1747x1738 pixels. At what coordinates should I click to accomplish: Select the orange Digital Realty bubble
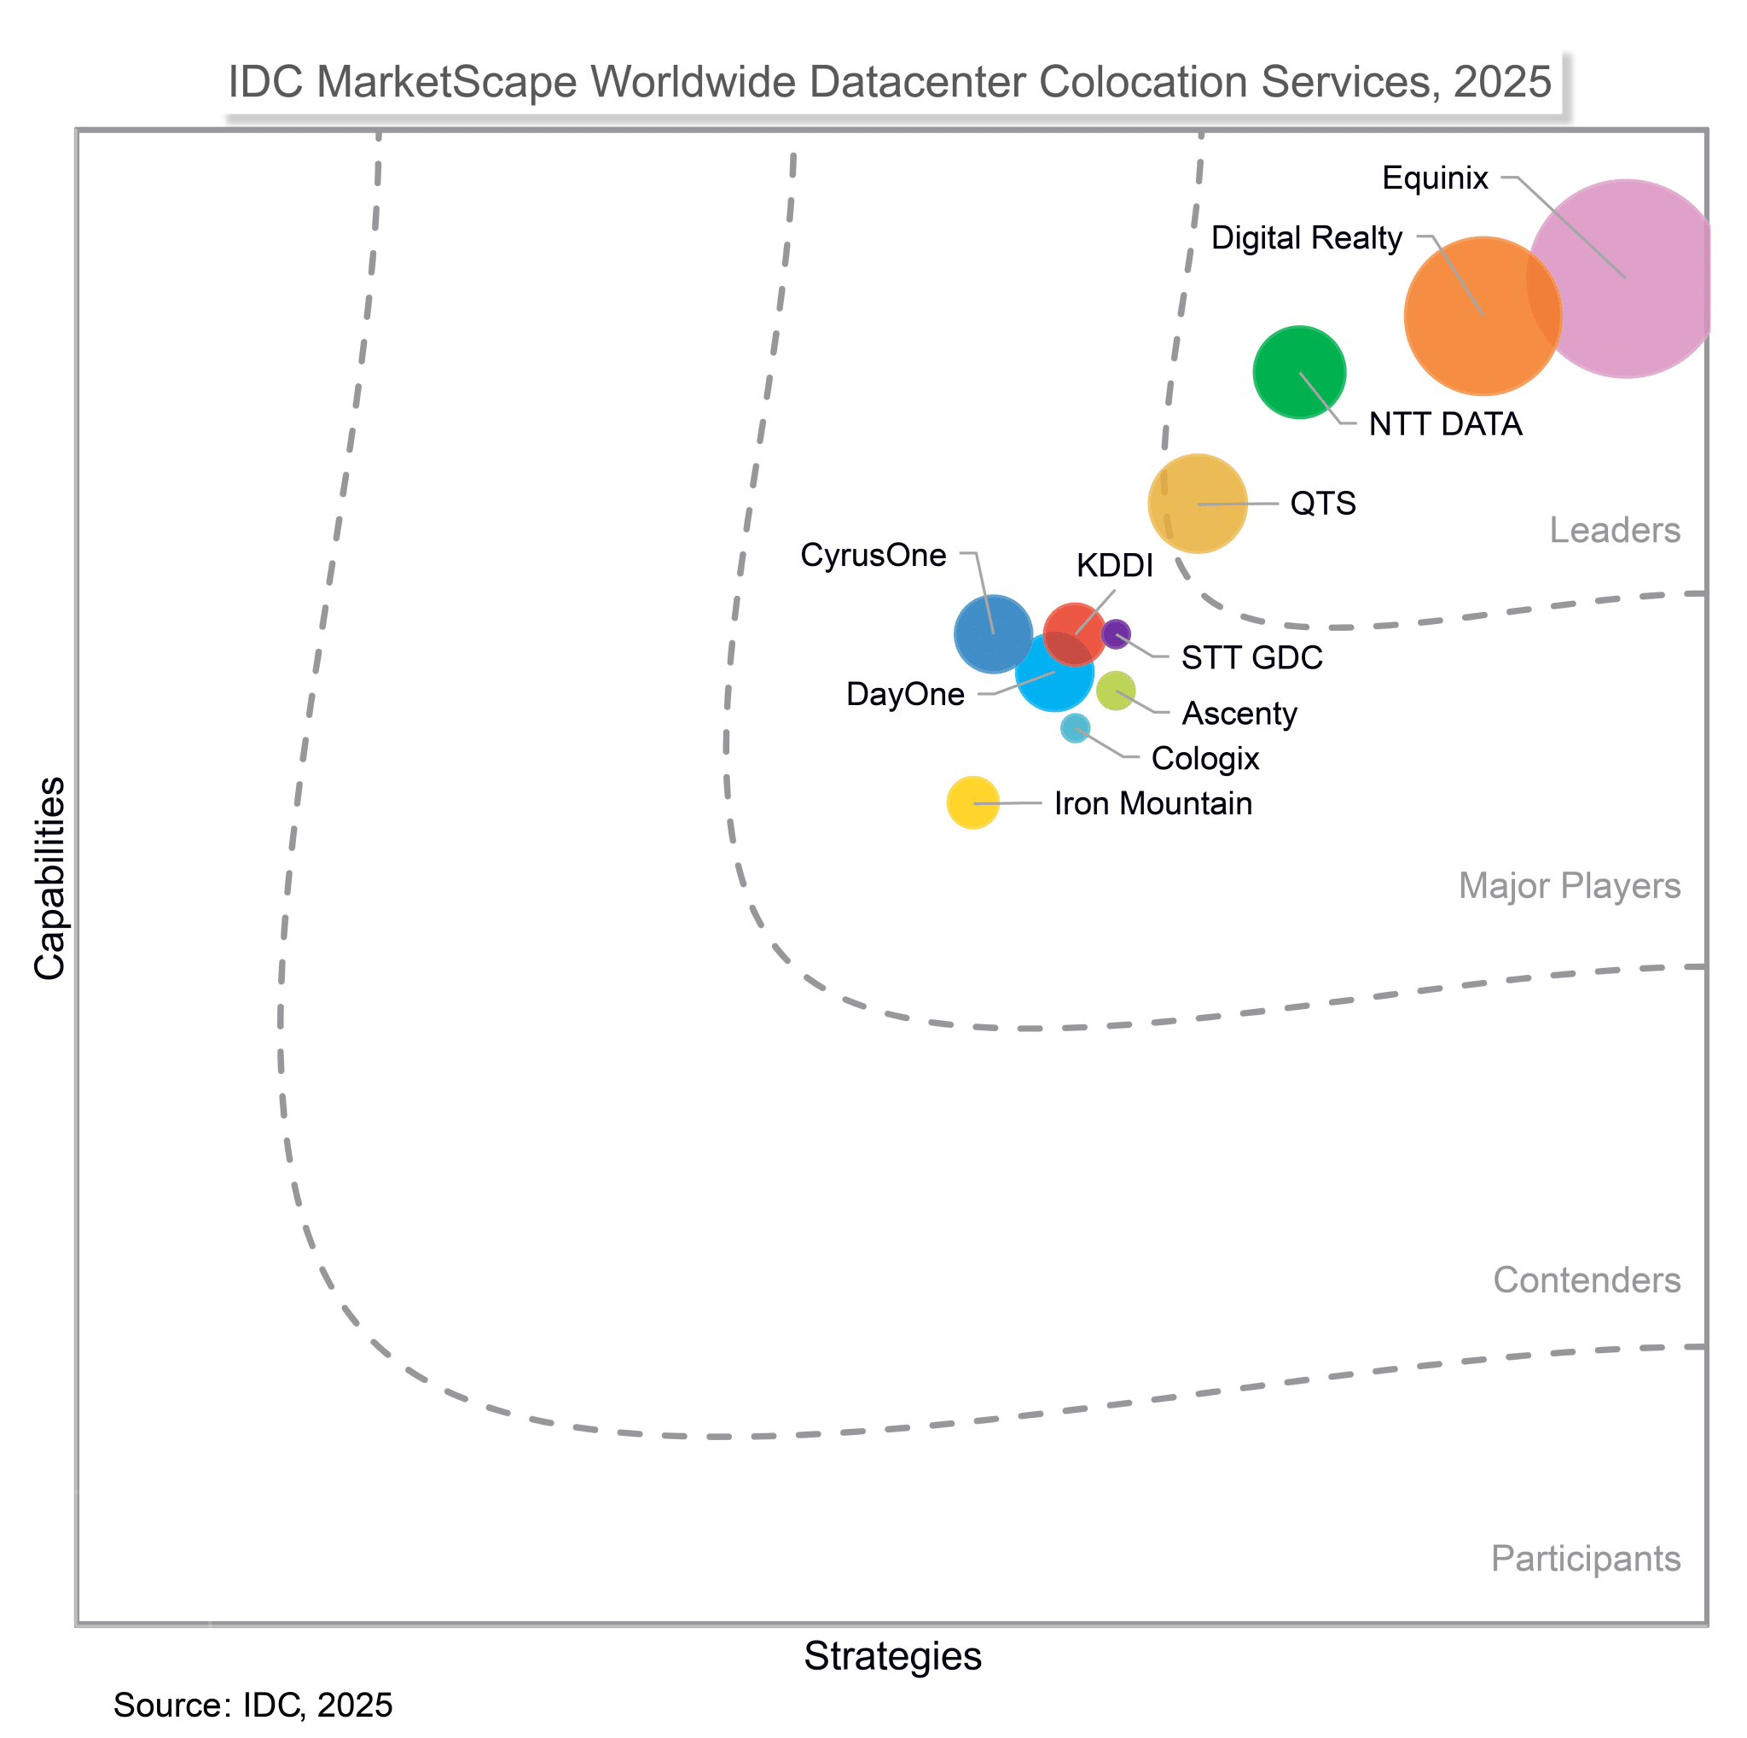pyautogui.click(x=1482, y=316)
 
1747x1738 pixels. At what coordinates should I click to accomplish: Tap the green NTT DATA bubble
pyautogui.click(x=1298, y=372)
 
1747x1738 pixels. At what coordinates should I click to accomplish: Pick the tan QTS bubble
pyautogui.click(x=1197, y=503)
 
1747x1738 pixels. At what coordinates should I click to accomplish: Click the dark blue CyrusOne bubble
pyautogui.click(x=993, y=633)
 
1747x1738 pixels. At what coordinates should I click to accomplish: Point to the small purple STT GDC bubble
pyautogui.click(x=1116, y=633)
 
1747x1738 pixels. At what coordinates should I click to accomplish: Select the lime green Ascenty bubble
pyautogui.click(x=1116, y=691)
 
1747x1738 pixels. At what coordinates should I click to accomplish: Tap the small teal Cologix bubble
pyautogui.click(x=1074, y=727)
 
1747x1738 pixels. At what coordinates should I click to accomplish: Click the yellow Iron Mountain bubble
pyautogui.click(x=972, y=802)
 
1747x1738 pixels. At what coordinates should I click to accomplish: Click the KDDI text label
pyautogui.click(x=1114, y=566)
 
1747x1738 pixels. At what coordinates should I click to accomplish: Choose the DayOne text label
pyautogui.click(x=905, y=695)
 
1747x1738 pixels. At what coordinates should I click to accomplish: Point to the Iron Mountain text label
pyautogui.click(x=1153, y=803)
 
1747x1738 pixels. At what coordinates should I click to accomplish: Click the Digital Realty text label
pyautogui.click(x=1306, y=238)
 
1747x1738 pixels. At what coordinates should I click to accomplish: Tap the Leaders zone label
pyautogui.click(x=1614, y=530)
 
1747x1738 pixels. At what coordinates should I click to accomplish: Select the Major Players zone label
pyautogui.click(x=1569, y=886)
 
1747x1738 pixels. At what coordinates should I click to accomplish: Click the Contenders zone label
pyautogui.click(x=1586, y=1280)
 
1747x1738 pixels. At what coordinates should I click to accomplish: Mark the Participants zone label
pyautogui.click(x=1585, y=1559)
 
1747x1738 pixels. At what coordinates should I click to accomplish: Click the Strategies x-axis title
pyautogui.click(x=892, y=1657)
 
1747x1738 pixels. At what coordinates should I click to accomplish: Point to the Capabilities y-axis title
pyautogui.click(x=50, y=878)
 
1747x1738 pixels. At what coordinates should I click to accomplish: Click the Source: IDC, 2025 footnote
pyautogui.click(x=253, y=1706)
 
